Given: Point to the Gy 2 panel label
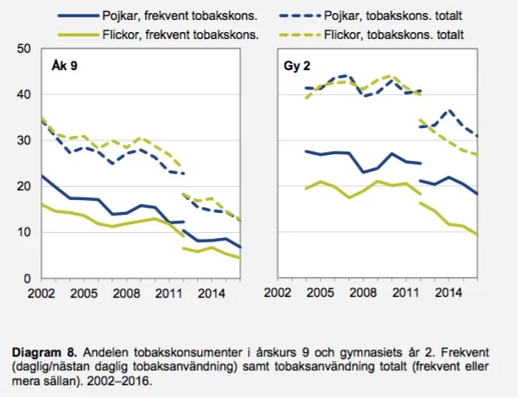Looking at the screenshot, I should [297, 67].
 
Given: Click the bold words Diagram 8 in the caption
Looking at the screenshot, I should [41, 352].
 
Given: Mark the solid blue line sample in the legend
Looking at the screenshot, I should [77, 16].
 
